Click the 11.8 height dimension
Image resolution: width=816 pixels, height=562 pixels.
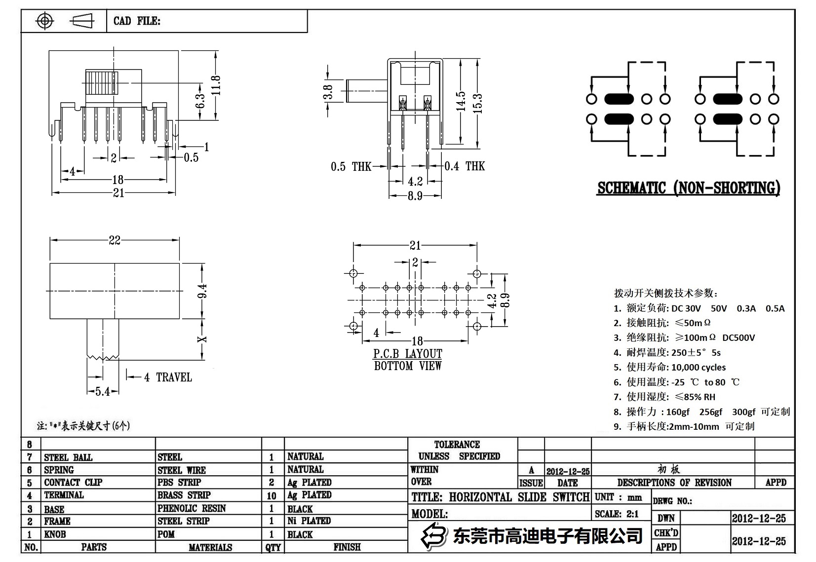click(215, 85)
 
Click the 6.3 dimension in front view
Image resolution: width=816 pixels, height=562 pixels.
click(200, 101)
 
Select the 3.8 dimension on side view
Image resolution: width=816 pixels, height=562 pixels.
click(328, 92)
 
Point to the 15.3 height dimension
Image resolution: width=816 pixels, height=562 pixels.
click(477, 104)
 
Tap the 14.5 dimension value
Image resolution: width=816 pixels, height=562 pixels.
click(461, 101)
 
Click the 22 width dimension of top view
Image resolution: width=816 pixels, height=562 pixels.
click(115, 240)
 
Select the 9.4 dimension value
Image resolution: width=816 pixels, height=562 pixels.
click(202, 291)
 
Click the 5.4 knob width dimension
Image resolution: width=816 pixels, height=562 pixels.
click(103, 392)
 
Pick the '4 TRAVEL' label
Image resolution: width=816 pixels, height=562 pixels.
click(168, 377)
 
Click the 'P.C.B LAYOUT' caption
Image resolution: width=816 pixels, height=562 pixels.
click(408, 354)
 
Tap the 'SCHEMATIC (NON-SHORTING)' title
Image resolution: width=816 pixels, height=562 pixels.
click(689, 188)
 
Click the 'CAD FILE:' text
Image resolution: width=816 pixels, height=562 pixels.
click(137, 21)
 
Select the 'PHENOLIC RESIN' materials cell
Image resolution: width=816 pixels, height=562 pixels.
click(192, 508)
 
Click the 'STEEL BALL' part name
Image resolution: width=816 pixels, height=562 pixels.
click(68, 457)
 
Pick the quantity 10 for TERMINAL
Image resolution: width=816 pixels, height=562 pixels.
click(272, 495)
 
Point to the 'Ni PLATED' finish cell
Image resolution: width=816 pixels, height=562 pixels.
click(309, 521)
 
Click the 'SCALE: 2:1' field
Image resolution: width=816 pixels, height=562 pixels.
click(617, 514)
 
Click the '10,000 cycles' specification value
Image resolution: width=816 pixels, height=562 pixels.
click(699, 367)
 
